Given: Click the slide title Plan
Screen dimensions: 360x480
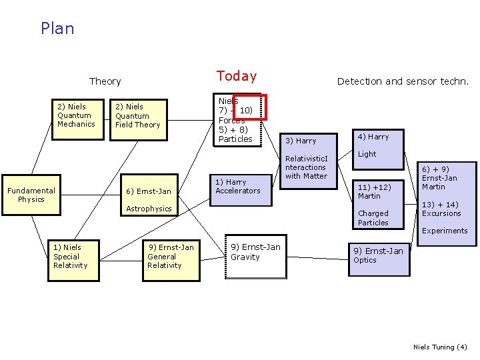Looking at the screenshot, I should pos(57,29).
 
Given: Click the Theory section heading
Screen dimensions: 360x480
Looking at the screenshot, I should pos(105,81).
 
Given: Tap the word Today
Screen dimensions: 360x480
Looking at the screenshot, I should pos(236,76).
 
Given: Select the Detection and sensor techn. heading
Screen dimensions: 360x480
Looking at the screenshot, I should pos(403,81).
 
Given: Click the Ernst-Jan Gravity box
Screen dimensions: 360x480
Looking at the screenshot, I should pos(255,253).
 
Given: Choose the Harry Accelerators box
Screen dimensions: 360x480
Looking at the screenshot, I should pos(238,187).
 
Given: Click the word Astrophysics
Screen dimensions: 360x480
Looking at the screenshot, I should pos(149,209).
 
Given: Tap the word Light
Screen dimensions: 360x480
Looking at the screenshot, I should pos(367,154).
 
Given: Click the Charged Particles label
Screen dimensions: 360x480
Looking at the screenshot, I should pos(373,218).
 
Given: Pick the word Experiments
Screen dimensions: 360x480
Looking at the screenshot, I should pos(445,231).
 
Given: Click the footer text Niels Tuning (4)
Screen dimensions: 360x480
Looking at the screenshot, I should pos(440,347).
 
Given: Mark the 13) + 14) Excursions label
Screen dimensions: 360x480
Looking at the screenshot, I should pos(441,209).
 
